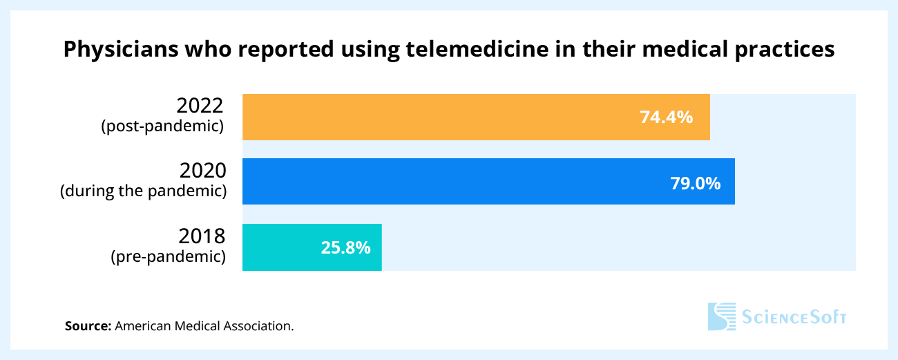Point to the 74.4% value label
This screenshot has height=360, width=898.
[666, 117]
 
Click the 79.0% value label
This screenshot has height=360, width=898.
[696, 183]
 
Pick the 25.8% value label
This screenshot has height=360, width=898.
[346, 247]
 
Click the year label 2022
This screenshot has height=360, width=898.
[200, 106]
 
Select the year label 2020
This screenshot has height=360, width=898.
[202, 170]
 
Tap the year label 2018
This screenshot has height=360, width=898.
[202, 236]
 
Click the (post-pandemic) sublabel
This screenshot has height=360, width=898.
[163, 126]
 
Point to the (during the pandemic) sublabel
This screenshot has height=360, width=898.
[143, 191]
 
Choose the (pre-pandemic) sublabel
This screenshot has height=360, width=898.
[169, 257]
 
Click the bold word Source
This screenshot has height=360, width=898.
[88, 325]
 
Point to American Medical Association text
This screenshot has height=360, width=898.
[204, 325]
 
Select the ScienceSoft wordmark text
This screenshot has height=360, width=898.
[794, 317]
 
